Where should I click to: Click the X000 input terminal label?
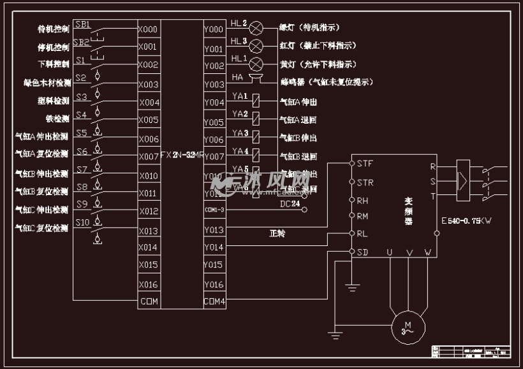click(147, 29)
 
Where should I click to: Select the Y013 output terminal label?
click(214, 230)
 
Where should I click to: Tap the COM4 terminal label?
click(214, 301)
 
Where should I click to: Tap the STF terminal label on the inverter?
click(365, 164)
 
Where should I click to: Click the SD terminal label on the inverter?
click(362, 252)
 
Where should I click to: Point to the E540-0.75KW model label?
click(466, 221)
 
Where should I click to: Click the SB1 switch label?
click(82, 25)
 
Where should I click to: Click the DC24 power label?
click(290, 203)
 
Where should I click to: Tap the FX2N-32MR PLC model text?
click(182, 155)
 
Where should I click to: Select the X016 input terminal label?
click(147, 284)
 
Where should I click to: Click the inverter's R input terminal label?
click(433, 167)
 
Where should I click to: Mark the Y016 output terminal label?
click(214, 284)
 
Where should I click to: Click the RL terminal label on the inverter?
click(362, 234)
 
